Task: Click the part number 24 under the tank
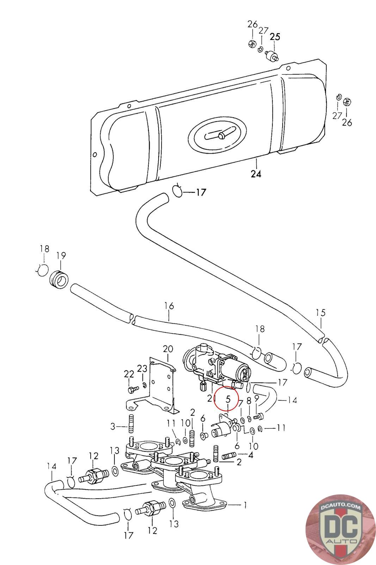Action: coord(256,174)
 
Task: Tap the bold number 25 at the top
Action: coord(275,37)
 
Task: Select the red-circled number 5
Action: coord(228,399)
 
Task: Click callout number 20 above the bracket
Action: coord(168,349)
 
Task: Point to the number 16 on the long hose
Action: coord(169,306)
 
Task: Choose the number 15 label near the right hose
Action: coord(321,313)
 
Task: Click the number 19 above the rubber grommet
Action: coord(61,256)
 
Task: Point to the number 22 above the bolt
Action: coord(129,374)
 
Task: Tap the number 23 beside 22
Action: coord(142,369)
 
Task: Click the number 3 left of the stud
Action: coord(113,427)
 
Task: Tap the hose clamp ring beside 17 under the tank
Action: coord(178,191)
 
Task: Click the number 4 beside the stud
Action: coord(251,455)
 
